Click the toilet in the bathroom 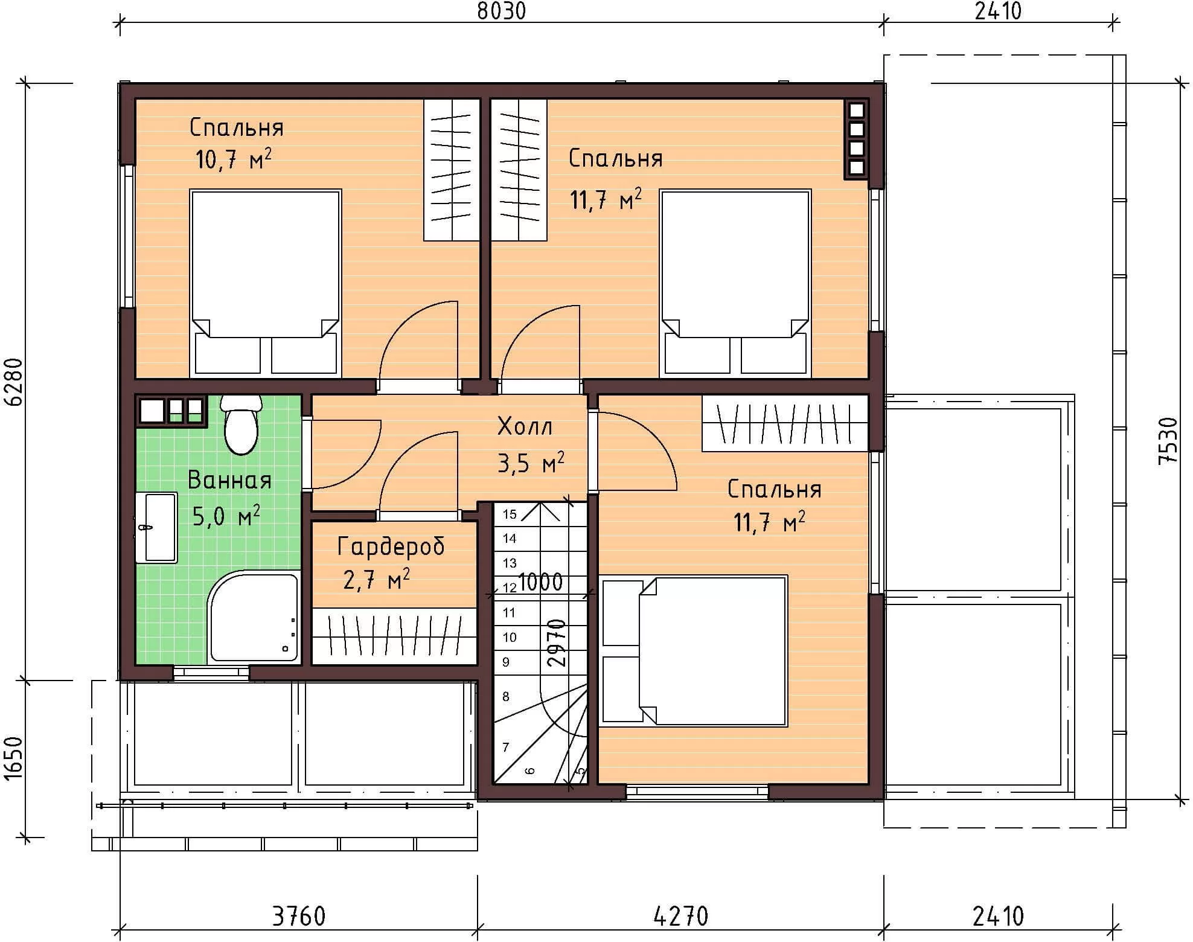click(x=241, y=425)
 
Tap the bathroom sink click(x=156, y=527)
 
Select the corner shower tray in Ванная click(x=254, y=617)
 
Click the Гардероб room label click(x=391, y=546)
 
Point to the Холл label click(x=525, y=426)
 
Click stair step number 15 click(x=510, y=514)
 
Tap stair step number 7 click(x=506, y=747)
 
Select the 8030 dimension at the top click(x=501, y=11)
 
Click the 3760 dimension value click(x=299, y=916)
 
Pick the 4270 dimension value click(x=681, y=916)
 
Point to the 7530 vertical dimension click(x=1169, y=440)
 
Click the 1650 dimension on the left click(x=13, y=758)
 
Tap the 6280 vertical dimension click(x=13, y=382)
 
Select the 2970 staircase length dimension click(x=557, y=642)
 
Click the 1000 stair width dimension click(x=540, y=582)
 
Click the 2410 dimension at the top click(x=998, y=11)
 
